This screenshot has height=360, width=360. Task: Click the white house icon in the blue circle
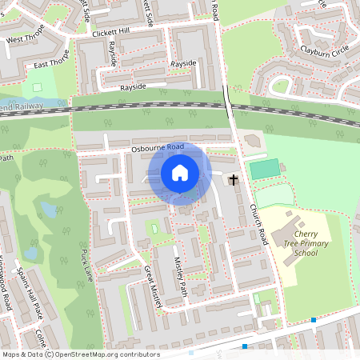tap(180, 172)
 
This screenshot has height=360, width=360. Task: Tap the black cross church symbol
tap(234, 179)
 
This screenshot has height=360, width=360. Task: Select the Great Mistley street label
tap(149, 282)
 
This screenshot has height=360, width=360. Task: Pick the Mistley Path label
tap(182, 276)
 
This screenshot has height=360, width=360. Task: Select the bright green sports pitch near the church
tap(265, 170)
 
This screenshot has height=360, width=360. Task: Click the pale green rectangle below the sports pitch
tap(274, 195)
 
